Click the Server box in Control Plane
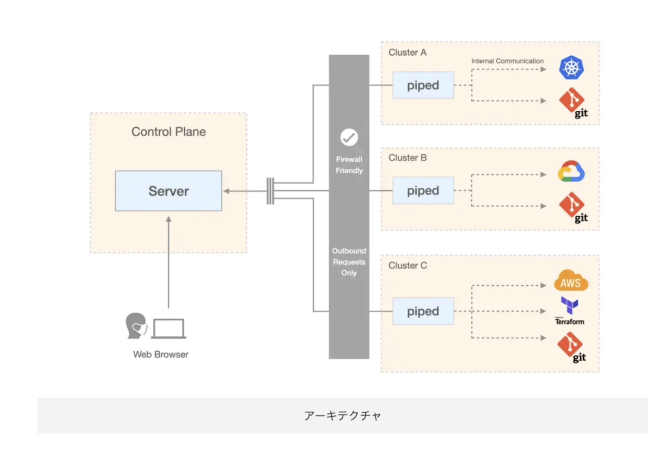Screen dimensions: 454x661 coord(168,191)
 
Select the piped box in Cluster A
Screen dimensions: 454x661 coord(423,85)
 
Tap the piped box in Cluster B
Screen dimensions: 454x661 coord(423,190)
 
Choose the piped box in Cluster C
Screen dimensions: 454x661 coord(423,311)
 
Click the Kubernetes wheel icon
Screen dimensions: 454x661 coord(571,68)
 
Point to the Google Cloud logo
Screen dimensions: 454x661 coord(571,172)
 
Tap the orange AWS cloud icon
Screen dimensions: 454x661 coord(570,281)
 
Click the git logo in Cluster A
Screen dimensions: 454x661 coord(573,102)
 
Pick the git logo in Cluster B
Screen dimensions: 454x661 coord(573,207)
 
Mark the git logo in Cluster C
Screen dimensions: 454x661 coord(571,346)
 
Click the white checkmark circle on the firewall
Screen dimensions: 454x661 coord(349,137)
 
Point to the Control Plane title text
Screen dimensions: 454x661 coord(168,132)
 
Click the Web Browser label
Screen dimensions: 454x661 coord(161,354)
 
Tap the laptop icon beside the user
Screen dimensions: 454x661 coord(169,329)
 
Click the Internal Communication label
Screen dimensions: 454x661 coord(507,61)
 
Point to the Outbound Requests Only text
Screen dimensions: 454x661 coord(349,262)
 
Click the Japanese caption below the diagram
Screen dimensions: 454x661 coord(343,416)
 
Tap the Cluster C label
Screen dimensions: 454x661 coord(407,265)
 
